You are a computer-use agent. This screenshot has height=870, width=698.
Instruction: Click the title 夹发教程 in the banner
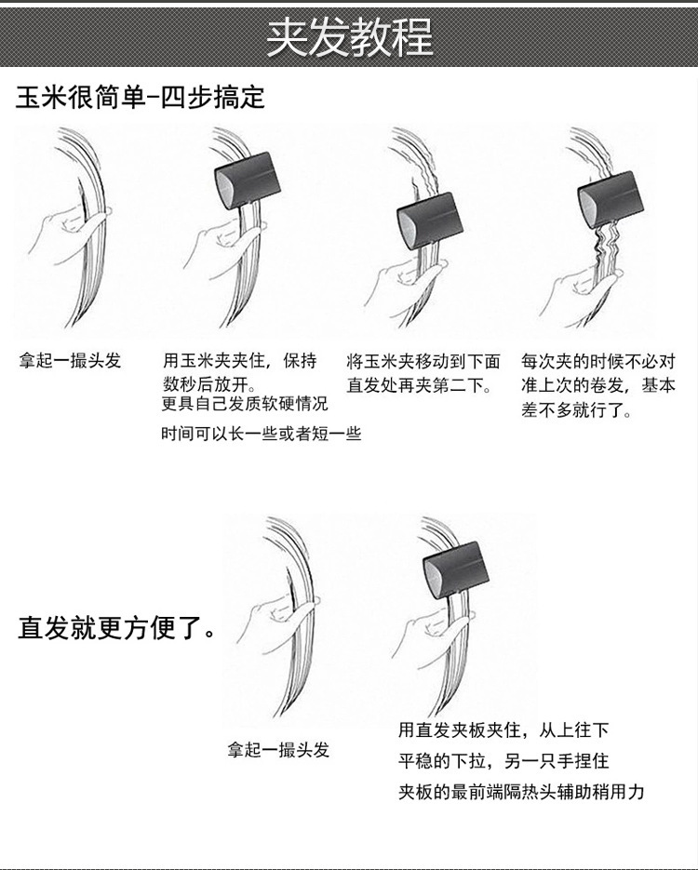(x=349, y=38)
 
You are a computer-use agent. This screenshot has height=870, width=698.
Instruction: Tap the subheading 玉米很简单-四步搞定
(x=140, y=97)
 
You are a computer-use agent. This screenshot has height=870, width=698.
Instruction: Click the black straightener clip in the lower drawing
(x=454, y=569)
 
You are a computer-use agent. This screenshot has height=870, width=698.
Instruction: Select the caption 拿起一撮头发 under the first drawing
(x=70, y=361)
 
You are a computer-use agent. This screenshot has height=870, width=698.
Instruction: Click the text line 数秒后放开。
(x=209, y=383)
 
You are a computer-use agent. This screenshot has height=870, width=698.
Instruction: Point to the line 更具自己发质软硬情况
(x=245, y=404)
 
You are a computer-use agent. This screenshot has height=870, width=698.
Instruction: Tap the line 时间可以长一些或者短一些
(x=261, y=433)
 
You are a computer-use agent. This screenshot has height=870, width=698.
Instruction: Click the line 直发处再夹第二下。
(x=420, y=384)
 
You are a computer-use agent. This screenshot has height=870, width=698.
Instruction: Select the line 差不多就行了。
(x=577, y=409)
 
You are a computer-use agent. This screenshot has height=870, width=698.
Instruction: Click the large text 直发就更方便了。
(x=116, y=627)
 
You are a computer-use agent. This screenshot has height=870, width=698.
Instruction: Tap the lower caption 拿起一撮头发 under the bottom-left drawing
(x=278, y=750)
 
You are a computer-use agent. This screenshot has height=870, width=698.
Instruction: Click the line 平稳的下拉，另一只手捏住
(x=503, y=760)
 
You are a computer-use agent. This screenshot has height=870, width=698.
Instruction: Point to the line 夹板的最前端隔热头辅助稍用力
(x=521, y=791)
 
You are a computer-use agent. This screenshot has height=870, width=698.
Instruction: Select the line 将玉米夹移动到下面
(x=423, y=361)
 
